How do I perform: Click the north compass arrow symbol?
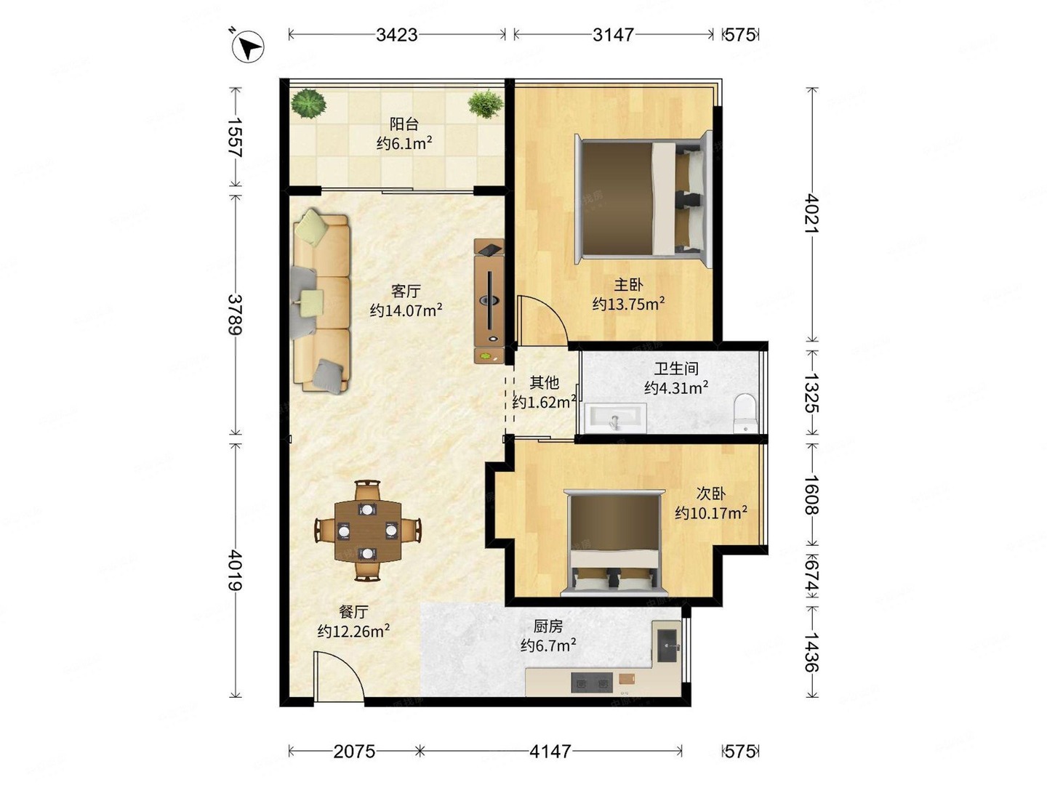[x=248, y=47]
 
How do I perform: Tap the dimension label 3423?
[x=396, y=35]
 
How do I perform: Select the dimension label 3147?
[x=613, y=35]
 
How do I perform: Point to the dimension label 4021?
[x=811, y=213]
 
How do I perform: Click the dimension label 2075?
[x=354, y=751]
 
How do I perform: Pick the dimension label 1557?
[x=235, y=137]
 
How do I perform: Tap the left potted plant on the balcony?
[x=309, y=103]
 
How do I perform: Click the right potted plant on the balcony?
[x=485, y=104]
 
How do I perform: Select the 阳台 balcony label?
[x=404, y=124]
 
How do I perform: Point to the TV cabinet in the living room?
[x=489, y=301]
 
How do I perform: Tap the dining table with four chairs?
[x=368, y=531]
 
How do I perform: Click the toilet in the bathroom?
[x=745, y=412]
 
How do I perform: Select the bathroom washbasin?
[x=616, y=419]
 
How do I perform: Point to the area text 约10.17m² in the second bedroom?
[x=710, y=513]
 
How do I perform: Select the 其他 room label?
[x=544, y=382]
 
